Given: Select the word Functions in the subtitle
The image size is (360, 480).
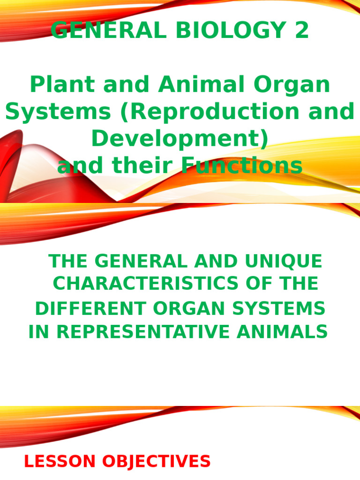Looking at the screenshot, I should pos(241,166).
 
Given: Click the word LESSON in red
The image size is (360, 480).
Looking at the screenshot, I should pos(53,462).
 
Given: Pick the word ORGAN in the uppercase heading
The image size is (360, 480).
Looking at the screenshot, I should pos(179,308).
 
